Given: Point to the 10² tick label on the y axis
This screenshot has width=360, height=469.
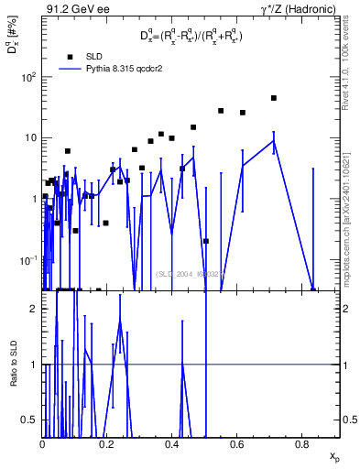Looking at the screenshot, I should pyautogui.click(x=30, y=77).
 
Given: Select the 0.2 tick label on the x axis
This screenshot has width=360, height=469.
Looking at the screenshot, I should pyautogui.click(x=108, y=444).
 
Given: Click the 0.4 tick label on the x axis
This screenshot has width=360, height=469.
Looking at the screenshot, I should pyautogui.click(x=173, y=444).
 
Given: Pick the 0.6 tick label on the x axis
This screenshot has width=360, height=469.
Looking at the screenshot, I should pyautogui.click(x=238, y=444).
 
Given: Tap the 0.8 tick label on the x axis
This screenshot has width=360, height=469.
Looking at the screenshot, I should pyautogui.click(x=303, y=444).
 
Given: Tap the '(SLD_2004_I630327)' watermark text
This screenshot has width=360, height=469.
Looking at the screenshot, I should pyautogui.click(x=189, y=273).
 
